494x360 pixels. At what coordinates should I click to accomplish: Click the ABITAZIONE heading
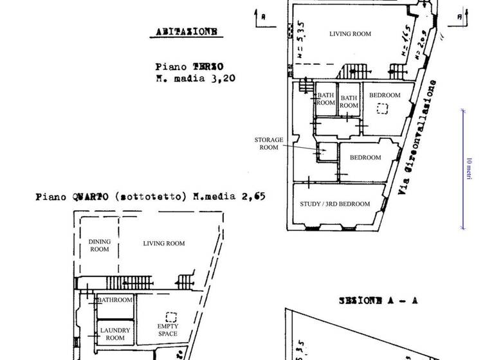coord(186,31)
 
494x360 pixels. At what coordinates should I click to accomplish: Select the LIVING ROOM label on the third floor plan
coord(350,34)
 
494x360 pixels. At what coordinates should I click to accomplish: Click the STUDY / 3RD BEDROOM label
coord(335,204)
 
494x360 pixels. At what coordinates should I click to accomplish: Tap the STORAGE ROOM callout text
coord(264,143)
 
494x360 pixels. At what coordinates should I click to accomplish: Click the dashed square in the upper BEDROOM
coord(383,109)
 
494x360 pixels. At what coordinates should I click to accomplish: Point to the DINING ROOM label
coord(99,245)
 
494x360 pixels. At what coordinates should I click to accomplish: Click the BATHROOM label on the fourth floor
coord(114,300)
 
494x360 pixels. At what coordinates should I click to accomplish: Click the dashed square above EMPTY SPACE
coord(171,317)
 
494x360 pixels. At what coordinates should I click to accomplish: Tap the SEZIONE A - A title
coord(378,300)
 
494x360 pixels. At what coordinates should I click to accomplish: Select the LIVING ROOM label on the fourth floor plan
coord(163,243)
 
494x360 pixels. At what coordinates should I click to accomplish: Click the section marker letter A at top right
coord(458,16)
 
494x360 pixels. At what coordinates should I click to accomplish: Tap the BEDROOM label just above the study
coord(365,157)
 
